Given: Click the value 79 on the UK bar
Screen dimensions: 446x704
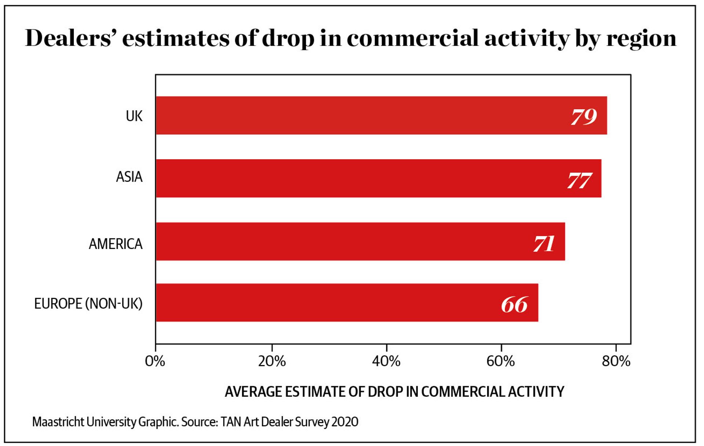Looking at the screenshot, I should [x=584, y=117].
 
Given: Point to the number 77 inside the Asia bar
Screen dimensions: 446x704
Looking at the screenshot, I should [x=579, y=180].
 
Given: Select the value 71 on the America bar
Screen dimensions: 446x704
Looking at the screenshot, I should [x=544, y=244].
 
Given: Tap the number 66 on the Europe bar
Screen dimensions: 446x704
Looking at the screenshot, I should [x=514, y=304].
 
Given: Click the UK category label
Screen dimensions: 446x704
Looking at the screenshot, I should [x=134, y=116].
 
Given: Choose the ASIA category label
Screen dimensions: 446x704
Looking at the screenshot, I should [x=129, y=177].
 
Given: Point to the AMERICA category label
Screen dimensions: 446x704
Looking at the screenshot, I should [x=116, y=244].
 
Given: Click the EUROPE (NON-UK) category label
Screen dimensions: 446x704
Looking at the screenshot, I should [x=88, y=304].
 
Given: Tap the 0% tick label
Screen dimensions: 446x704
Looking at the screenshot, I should [x=155, y=362].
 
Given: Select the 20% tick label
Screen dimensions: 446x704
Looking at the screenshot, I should [x=271, y=362].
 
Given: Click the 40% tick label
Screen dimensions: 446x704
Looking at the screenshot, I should [x=386, y=362].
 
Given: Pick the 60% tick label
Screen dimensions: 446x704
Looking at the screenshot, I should [x=500, y=362].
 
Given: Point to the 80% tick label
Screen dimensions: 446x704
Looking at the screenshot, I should [x=616, y=362].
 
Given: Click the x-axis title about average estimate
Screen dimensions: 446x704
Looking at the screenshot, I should [x=394, y=392].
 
